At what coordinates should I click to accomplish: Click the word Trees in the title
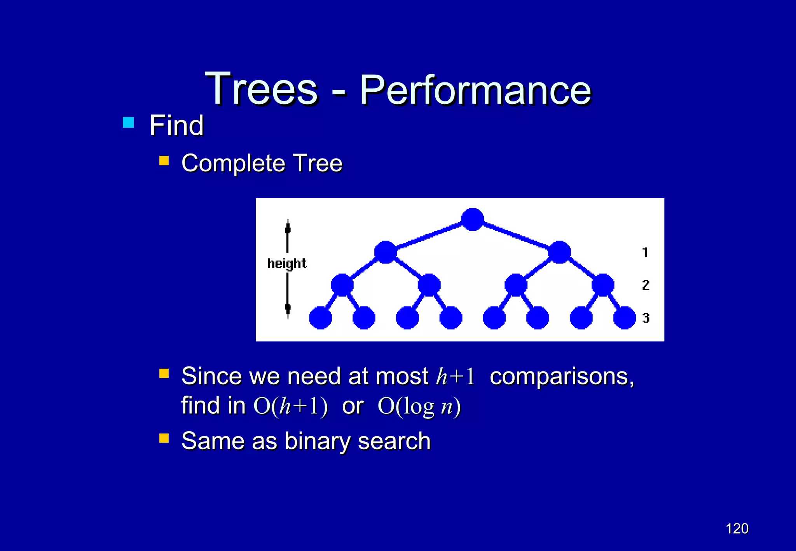tap(261, 89)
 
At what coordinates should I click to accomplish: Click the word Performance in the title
tap(475, 90)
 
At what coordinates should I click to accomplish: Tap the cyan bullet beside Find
tap(128, 123)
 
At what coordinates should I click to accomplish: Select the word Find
tap(176, 126)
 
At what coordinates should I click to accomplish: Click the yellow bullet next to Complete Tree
tap(164, 160)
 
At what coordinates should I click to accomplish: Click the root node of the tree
tap(472, 220)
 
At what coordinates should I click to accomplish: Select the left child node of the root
tap(385, 252)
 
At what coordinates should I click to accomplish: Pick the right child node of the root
tap(559, 252)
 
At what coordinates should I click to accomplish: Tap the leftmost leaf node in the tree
tap(320, 318)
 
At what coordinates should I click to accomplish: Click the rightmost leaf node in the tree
tap(624, 318)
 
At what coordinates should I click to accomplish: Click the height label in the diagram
tap(287, 263)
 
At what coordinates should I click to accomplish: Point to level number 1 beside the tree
tap(645, 253)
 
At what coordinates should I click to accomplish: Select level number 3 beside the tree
tap(646, 318)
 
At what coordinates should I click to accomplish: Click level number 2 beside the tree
tap(646, 285)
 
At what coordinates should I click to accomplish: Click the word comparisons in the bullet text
tap(562, 377)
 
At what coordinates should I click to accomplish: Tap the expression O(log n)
tap(419, 406)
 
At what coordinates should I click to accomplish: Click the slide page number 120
tap(737, 528)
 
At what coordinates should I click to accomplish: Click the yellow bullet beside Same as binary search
tap(164, 438)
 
